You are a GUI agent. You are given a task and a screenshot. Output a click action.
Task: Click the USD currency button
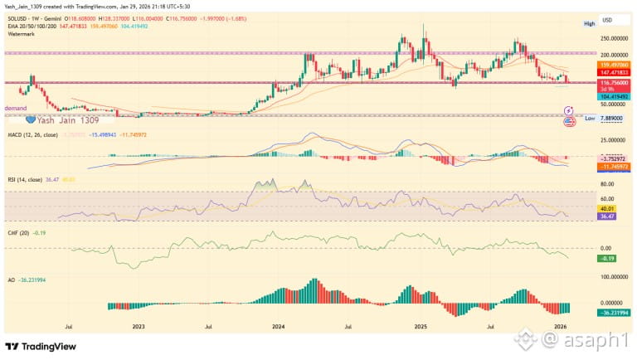(x=607, y=19)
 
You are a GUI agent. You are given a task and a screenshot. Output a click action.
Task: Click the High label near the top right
(x=589, y=24)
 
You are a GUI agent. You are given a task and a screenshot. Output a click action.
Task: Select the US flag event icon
(x=569, y=121)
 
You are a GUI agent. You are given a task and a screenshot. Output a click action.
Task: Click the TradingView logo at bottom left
(x=41, y=346)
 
